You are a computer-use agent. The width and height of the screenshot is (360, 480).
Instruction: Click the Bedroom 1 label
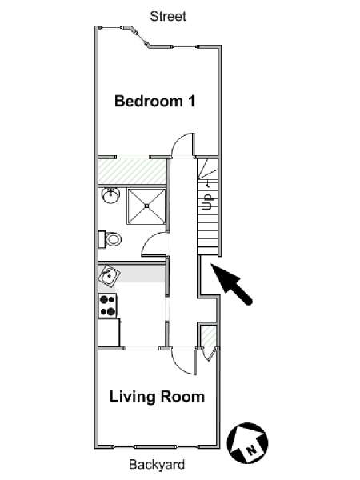click(155, 101)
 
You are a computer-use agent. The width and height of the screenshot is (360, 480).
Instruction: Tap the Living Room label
click(157, 397)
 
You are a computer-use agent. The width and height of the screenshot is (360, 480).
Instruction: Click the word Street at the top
click(168, 16)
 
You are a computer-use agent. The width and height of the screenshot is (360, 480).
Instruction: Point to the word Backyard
click(157, 464)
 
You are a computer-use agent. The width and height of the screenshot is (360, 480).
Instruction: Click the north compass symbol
click(247, 442)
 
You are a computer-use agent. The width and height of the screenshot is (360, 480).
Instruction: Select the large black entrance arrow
click(231, 284)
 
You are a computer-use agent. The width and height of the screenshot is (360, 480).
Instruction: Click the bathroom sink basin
click(111, 196)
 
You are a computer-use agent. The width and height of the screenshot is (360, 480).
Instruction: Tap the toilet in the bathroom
click(110, 239)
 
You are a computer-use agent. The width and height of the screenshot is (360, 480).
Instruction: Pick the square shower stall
click(146, 206)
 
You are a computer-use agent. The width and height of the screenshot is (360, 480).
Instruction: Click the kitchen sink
click(108, 275)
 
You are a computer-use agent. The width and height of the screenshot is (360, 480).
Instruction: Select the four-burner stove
click(107, 306)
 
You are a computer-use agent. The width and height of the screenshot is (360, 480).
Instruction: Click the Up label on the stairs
click(207, 202)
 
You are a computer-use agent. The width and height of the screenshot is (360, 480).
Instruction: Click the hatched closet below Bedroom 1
click(132, 171)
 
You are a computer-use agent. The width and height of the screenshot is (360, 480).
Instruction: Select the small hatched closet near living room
click(210, 337)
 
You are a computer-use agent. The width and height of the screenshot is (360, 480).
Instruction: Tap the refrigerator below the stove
click(109, 333)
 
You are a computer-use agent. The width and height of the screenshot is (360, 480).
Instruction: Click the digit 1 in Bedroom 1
click(191, 101)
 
